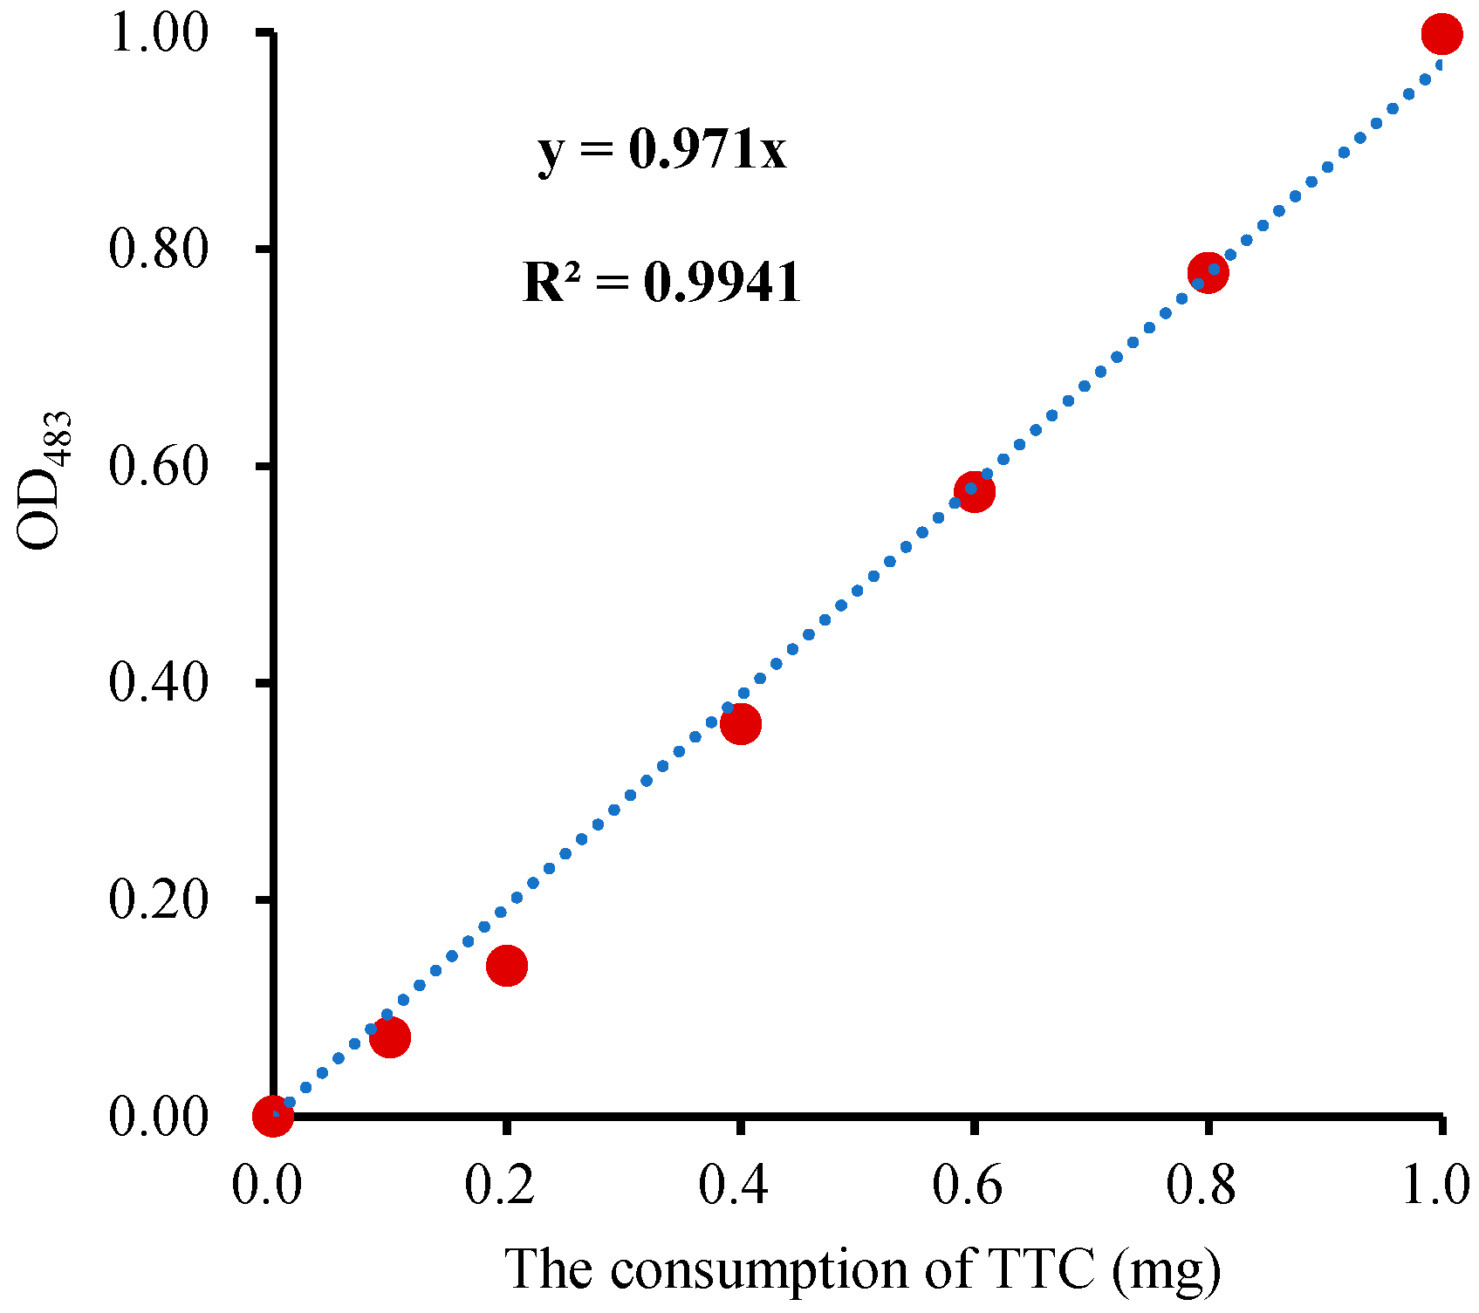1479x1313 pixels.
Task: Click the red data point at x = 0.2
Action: (x=507, y=965)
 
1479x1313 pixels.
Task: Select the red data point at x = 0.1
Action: (x=390, y=1036)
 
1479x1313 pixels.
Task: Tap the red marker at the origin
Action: (x=272, y=1115)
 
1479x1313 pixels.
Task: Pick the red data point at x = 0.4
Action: (x=741, y=723)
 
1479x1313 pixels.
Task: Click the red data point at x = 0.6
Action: (x=975, y=491)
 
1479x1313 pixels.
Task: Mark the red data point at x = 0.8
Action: (x=1208, y=272)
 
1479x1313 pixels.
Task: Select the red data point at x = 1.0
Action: (x=1441, y=34)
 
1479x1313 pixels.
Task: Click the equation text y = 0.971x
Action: (x=662, y=150)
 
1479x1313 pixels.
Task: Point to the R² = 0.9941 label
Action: (x=661, y=282)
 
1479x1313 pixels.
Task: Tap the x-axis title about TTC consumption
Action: (x=862, y=1269)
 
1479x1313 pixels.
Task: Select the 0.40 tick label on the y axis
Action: (x=159, y=682)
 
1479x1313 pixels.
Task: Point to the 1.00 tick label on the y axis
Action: (x=159, y=33)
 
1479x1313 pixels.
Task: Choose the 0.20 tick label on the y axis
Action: (x=159, y=899)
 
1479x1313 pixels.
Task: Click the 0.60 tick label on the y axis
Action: (x=159, y=466)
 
